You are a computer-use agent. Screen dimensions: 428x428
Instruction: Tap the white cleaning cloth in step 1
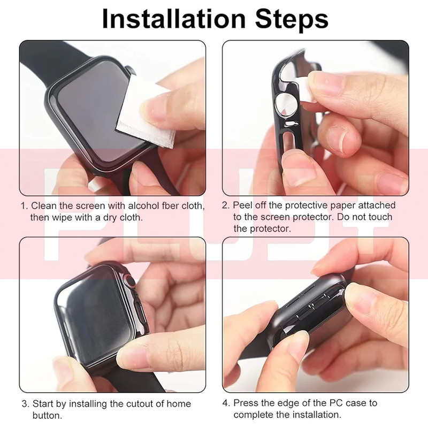click(x=144, y=114)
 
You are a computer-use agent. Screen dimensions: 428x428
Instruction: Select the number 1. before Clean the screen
click(x=25, y=206)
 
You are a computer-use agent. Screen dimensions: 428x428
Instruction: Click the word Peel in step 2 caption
click(x=242, y=205)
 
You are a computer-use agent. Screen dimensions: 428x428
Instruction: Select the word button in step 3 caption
click(x=47, y=416)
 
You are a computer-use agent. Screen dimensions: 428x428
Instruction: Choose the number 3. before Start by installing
click(x=25, y=404)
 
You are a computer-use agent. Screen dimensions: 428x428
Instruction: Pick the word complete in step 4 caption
click(x=253, y=415)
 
